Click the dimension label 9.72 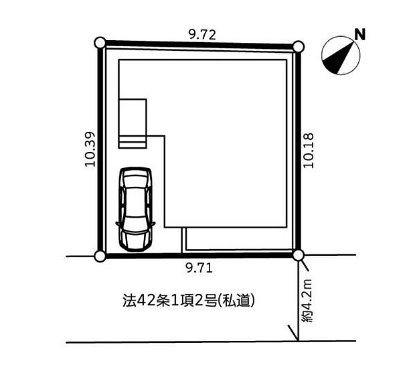tap(202, 35)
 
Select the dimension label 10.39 tap(90, 149)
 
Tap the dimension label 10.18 tap(309, 151)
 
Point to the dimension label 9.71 tap(199, 269)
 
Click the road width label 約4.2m tap(308, 300)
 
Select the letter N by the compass tap(360, 34)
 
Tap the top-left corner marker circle tap(100, 43)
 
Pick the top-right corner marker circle tap(299, 47)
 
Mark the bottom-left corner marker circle tap(100, 256)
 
